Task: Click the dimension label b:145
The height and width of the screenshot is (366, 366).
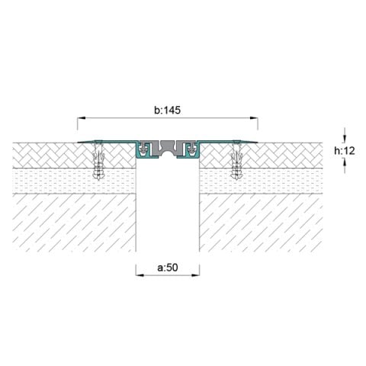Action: click(x=168, y=111)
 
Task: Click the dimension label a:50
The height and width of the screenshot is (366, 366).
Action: click(x=168, y=268)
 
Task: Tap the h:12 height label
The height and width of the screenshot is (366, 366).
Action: click(x=345, y=151)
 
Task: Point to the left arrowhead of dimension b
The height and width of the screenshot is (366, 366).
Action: click(x=82, y=118)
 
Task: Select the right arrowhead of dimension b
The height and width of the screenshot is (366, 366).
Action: click(x=254, y=118)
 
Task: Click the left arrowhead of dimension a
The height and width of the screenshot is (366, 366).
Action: click(x=140, y=275)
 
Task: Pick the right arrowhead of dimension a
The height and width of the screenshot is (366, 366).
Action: click(x=195, y=275)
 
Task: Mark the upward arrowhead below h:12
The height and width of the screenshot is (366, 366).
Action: click(x=345, y=162)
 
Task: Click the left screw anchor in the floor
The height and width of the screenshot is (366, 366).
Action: click(x=98, y=160)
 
